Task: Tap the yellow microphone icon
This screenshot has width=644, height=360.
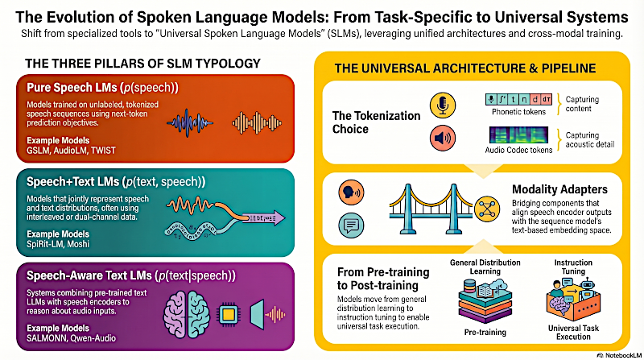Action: click(440, 106)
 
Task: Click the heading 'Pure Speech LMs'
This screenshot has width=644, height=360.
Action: click(74, 87)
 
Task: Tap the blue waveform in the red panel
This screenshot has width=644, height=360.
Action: click(192, 122)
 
